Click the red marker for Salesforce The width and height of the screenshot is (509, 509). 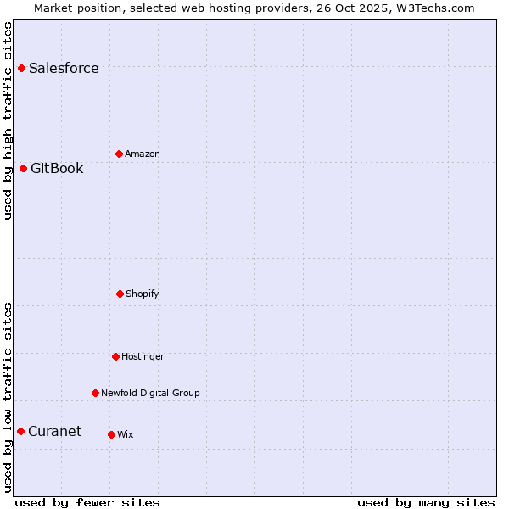click(x=21, y=68)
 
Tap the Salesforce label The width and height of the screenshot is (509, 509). click(x=64, y=69)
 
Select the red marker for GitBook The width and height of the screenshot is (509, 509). click(x=23, y=168)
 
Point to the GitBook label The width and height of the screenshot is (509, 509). click(x=57, y=168)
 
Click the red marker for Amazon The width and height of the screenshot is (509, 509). click(x=119, y=154)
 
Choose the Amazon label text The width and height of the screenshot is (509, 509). click(x=143, y=154)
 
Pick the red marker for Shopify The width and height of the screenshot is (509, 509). click(x=120, y=294)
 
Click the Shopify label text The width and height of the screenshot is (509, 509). click(x=143, y=294)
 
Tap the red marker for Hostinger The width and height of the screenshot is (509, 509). click(x=115, y=356)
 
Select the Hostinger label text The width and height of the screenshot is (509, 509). click(x=143, y=357)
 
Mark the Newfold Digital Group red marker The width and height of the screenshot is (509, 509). click(x=95, y=393)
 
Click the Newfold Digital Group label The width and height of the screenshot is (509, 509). click(x=150, y=394)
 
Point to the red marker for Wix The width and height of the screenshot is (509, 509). click(x=111, y=434)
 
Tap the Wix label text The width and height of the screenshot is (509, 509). click(x=126, y=435)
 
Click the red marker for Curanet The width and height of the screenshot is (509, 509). click(x=20, y=431)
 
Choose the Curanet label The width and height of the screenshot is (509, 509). click(x=55, y=431)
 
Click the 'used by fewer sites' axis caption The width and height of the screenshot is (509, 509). click(x=87, y=502)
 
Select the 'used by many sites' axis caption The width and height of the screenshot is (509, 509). click(x=426, y=502)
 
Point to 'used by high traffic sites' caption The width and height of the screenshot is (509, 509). click(x=8, y=120)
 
